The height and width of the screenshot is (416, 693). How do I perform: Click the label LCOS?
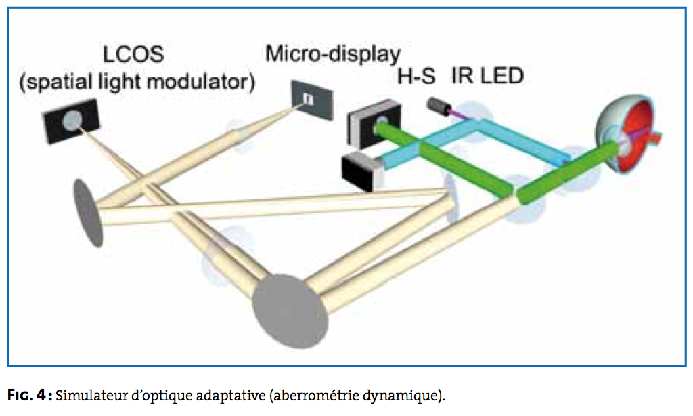pyautogui.click(x=133, y=54)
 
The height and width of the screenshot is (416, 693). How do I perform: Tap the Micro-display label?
pyautogui.click(x=333, y=54)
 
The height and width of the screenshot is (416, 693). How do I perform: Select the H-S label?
pyautogui.click(x=416, y=76)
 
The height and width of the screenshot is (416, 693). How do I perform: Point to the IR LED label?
pyautogui.click(x=487, y=76)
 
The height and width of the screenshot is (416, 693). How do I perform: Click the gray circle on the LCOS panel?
pyautogui.click(x=73, y=121)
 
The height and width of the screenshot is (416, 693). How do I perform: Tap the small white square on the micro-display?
pyautogui.click(x=309, y=99)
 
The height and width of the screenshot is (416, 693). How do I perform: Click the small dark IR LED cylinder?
pyautogui.click(x=439, y=106)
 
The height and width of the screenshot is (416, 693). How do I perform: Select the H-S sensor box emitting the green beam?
pyautogui.click(x=374, y=124)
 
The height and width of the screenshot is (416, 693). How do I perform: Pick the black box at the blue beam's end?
pyautogui.click(x=363, y=171)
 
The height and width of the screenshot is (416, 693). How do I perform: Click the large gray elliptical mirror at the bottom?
pyautogui.click(x=291, y=311)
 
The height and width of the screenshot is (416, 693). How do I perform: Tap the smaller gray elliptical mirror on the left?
pyautogui.click(x=88, y=213)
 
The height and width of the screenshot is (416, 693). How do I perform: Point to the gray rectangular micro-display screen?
pyautogui.click(x=311, y=100)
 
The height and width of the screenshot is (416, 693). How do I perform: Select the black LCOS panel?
pyautogui.click(x=70, y=121)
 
